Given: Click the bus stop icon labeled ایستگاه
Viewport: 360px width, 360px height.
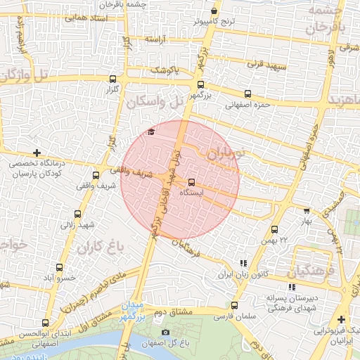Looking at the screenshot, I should (192, 182).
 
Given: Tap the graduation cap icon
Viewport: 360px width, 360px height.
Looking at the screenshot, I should (150, 132).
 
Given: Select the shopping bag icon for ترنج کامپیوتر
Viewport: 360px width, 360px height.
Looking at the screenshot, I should (214, 11).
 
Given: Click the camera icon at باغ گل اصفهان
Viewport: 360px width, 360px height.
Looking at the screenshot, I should (166, 332).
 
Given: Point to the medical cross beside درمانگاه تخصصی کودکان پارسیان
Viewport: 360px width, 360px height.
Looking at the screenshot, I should (37, 152).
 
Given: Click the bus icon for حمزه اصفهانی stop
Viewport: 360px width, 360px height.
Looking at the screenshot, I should (247, 94).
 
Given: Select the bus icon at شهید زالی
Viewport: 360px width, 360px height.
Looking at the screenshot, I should (77, 214).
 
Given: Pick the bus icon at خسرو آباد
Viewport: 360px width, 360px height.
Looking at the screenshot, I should (59, 267).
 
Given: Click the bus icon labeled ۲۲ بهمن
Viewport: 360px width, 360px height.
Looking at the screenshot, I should (274, 229).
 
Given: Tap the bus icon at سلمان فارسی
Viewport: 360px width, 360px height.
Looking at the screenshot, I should (234, 305).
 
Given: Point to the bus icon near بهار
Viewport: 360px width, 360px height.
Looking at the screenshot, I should (306, 210).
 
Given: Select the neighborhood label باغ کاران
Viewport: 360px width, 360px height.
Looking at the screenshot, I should (101, 247).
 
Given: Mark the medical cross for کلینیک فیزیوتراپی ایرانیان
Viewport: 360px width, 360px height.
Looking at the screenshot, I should (341, 319).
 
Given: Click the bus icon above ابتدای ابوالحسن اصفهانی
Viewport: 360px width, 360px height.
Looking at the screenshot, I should (46, 323).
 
